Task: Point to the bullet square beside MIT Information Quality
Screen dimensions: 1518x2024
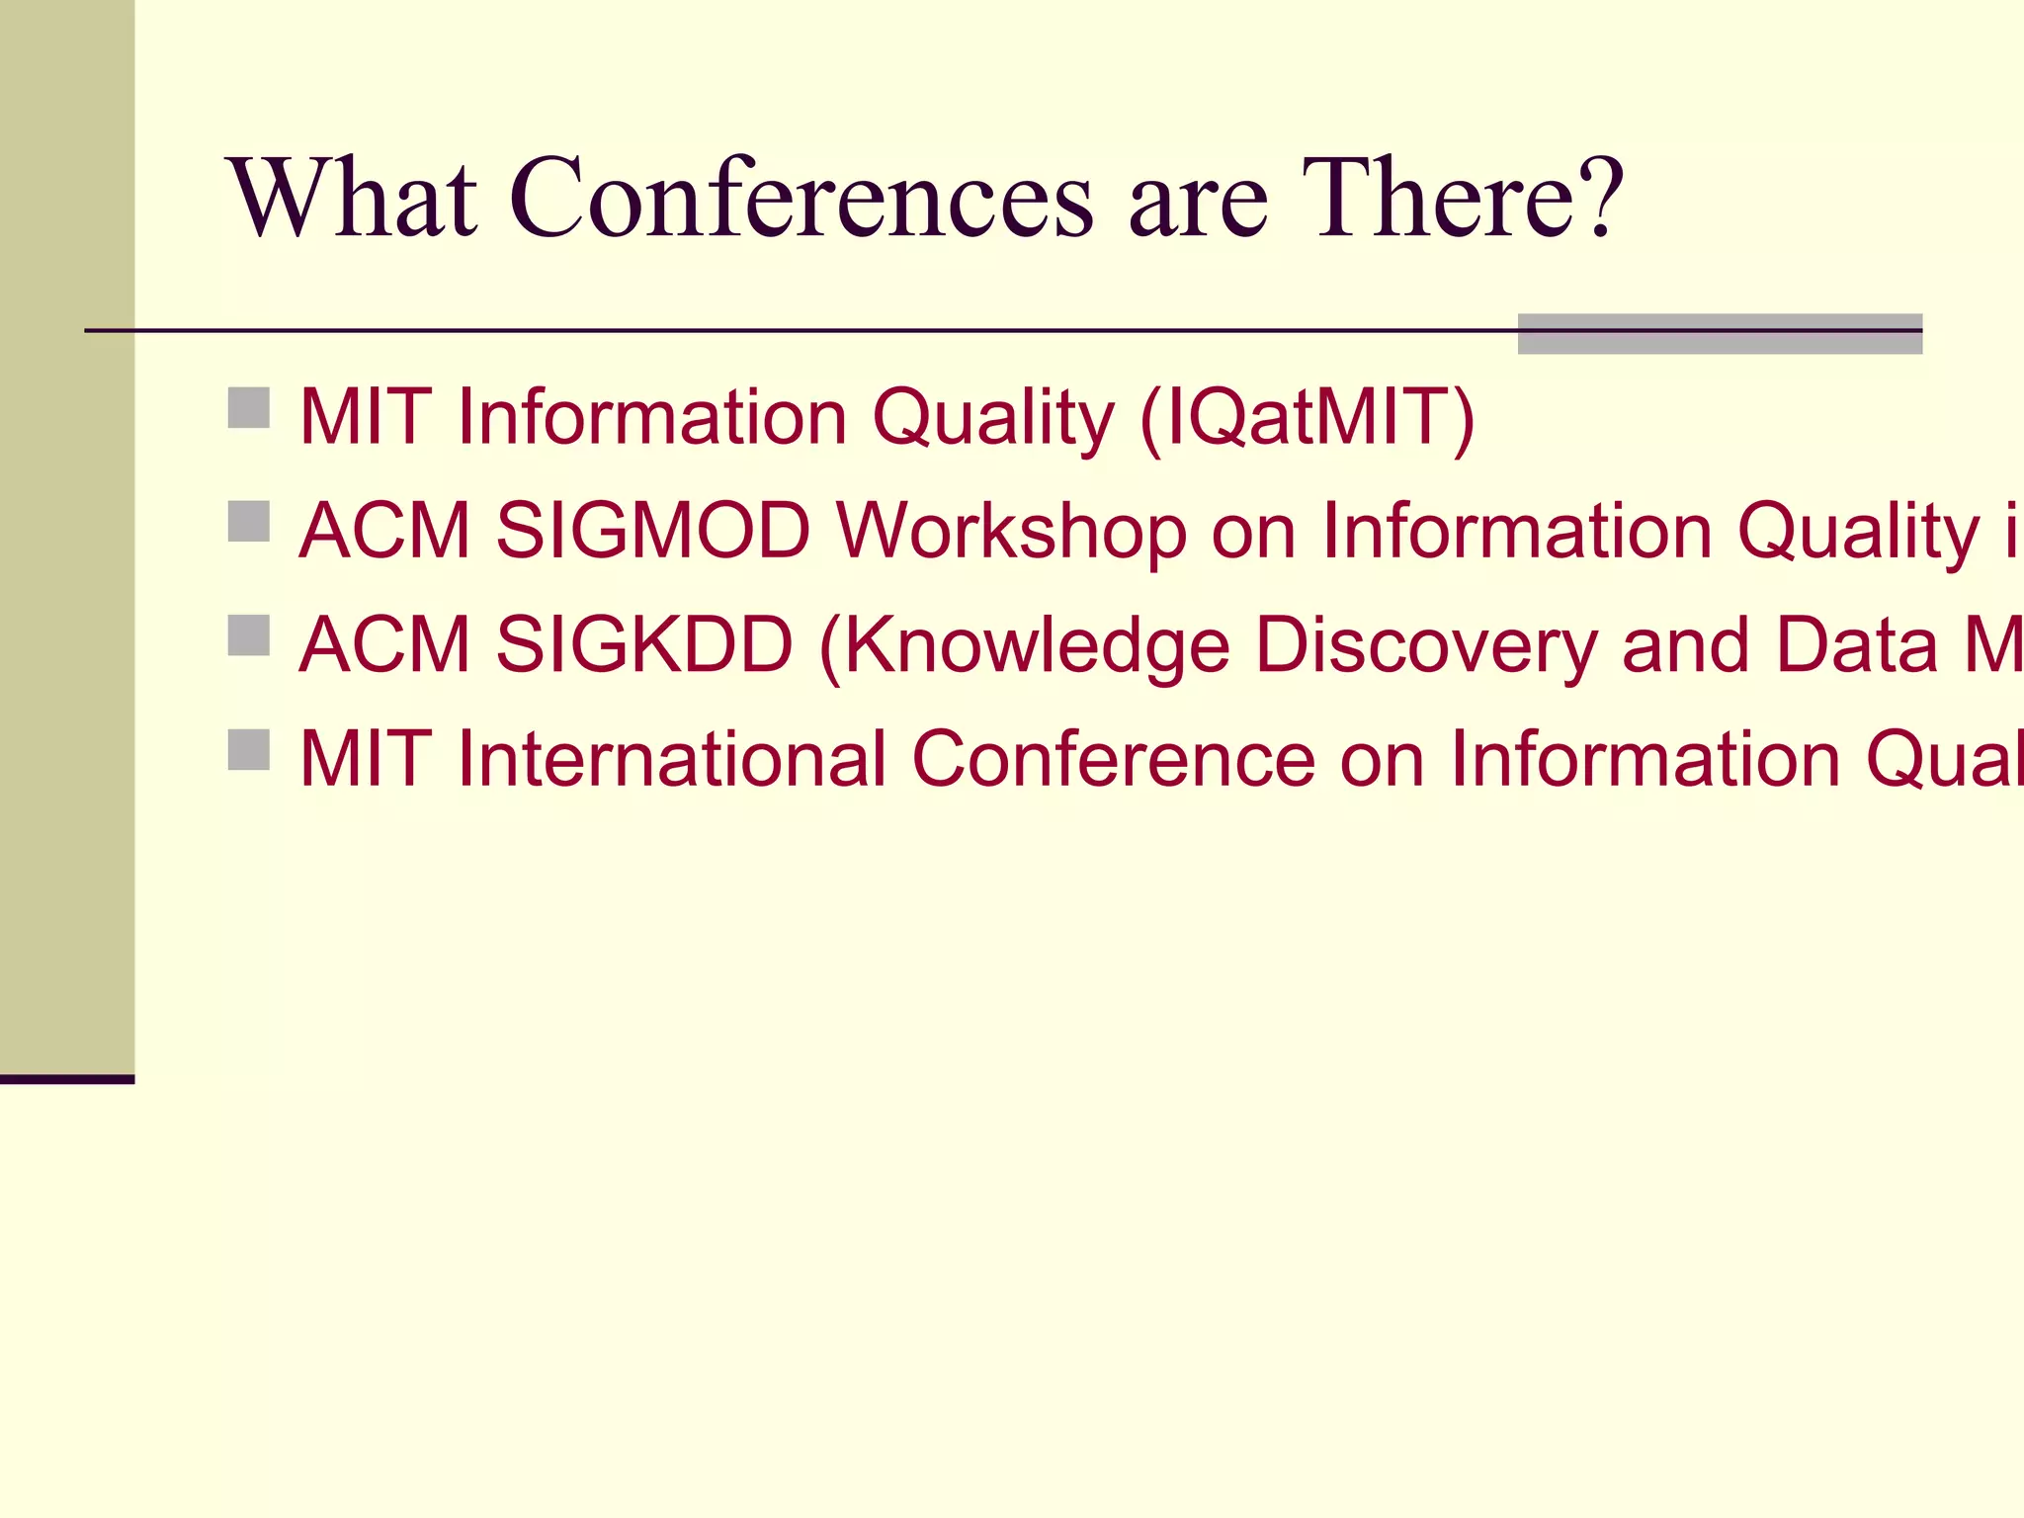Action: coord(249,407)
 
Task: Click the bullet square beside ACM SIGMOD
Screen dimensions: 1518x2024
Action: coord(249,521)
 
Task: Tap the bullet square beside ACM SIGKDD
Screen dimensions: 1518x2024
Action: coord(249,635)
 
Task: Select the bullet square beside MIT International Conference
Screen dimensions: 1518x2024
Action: coord(249,749)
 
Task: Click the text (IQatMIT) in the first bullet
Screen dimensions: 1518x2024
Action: coord(1307,418)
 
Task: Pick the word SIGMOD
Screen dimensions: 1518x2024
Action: coord(652,532)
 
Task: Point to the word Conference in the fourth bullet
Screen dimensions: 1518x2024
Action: coord(1113,760)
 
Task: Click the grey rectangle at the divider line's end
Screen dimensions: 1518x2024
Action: coord(1719,334)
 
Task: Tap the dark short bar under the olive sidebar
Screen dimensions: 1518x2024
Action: coord(66,1079)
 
